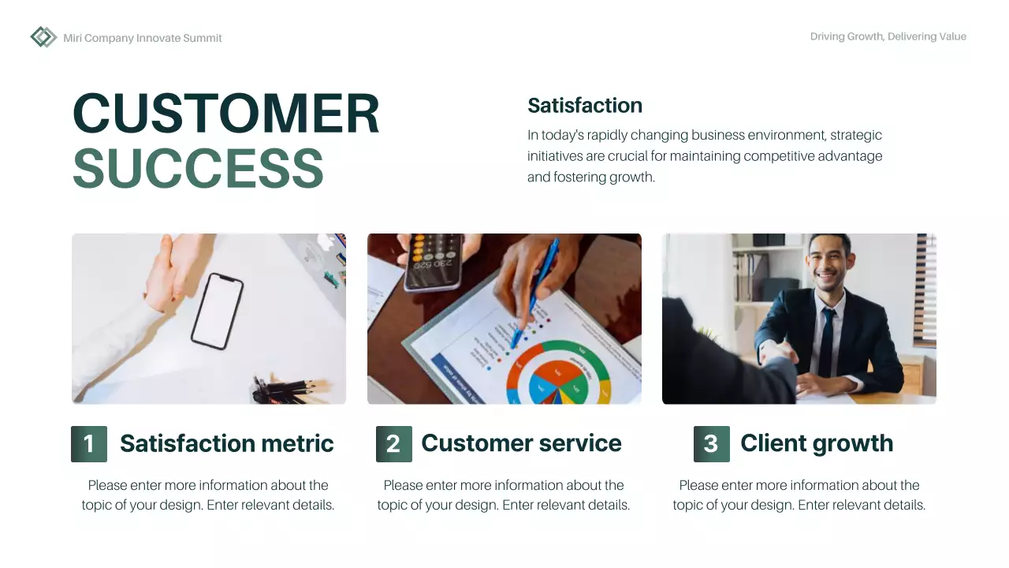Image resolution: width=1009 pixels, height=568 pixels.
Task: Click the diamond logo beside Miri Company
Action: click(43, 37)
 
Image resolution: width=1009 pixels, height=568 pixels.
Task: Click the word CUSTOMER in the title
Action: click(226, 114)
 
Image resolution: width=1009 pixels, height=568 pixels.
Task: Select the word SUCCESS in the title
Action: click(198, 168)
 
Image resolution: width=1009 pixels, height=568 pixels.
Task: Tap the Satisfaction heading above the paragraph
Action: click(584, 106)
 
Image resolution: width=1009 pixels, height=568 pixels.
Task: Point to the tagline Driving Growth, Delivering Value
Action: click(888, 36)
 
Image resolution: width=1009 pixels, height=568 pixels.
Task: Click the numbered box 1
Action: click(88, 443)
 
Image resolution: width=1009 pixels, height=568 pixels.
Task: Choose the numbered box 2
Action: click(393, 443)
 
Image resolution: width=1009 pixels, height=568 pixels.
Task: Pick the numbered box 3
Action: click(711, 443)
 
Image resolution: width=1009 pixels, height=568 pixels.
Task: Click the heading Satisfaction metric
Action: click(226, 443)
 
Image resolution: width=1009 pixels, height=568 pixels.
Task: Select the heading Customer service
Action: click(521, 443)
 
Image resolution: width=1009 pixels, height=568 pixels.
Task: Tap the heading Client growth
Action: click(817, 443)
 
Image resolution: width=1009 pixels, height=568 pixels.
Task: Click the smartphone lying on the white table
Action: click(216, 311)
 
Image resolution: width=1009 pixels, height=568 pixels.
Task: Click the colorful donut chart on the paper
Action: click(557, 375)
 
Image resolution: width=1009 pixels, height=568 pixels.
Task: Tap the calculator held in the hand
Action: click(433, 261)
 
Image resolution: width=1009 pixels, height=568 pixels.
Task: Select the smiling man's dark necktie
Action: click(826, 340)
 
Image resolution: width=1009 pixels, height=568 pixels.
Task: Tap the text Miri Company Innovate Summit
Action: click(143, 38)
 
